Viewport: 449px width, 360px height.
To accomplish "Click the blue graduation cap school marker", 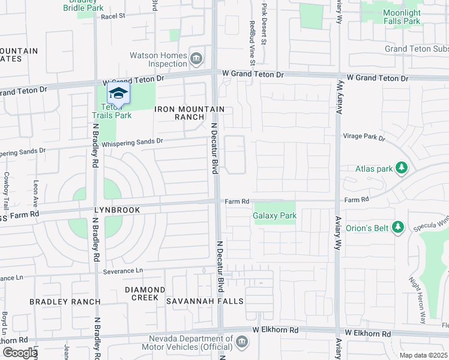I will click(x=118, y=94).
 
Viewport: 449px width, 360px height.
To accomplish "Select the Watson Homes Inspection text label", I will click(x=158, y=60).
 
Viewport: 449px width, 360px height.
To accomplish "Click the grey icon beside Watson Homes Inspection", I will click(x=196, y=59).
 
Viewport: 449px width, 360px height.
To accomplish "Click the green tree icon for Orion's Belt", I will click(x=397, y=227).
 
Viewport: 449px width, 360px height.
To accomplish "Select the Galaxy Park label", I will click(x=274, y=215).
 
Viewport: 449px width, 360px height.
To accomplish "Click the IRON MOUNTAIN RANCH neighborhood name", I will click(x=189, y=113).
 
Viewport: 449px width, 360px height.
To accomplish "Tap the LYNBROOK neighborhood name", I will click(x=116, y=210).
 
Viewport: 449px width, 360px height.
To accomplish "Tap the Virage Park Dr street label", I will click(x=363, y=137).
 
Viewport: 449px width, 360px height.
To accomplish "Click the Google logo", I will click(x=19, y=353).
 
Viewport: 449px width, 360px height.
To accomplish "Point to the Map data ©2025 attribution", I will click(x=423, y=355).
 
